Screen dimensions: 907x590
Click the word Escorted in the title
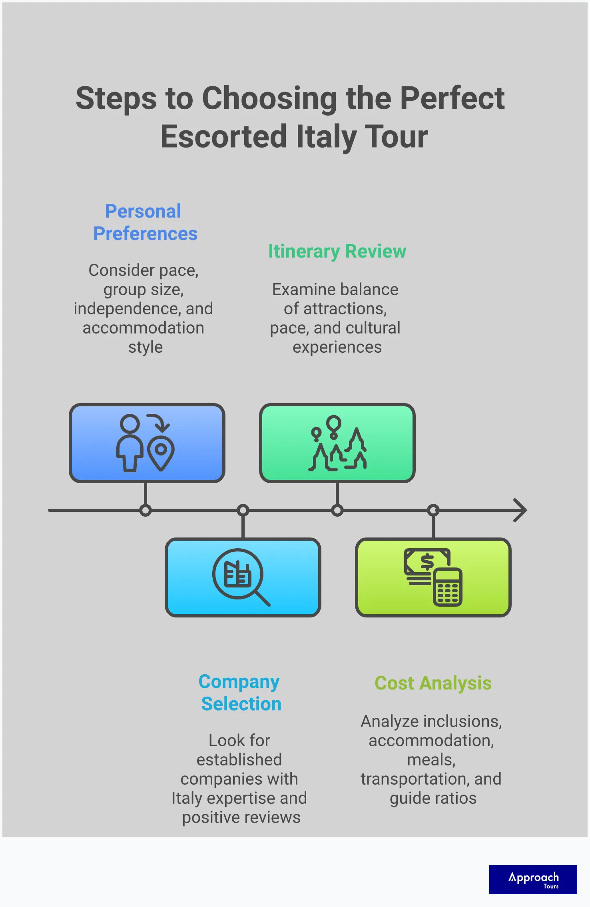pos(223,137)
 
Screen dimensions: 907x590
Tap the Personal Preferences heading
pos(145,222)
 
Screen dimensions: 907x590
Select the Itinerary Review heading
pos(337,251)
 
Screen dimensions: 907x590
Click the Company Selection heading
pos(240,693)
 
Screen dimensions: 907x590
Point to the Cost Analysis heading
pos(433,683)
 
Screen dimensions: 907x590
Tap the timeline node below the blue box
pos(146,511)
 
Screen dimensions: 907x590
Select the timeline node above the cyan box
pos(243,511)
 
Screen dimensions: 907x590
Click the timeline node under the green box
pos(337,511)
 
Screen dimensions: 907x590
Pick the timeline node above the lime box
pos(433,511)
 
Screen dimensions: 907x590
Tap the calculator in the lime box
pos(448,587)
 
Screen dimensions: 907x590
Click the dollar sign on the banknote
pos(427,562)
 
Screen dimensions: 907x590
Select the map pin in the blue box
pos(161,452)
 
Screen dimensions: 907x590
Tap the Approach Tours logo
pos(533,879)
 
